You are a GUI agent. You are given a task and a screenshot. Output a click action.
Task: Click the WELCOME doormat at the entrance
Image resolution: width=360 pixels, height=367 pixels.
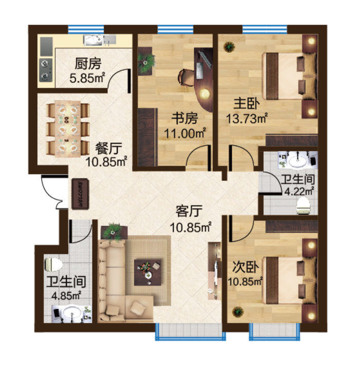pos(80,194)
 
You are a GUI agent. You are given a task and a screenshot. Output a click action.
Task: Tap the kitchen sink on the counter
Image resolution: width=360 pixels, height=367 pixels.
pos(93,40)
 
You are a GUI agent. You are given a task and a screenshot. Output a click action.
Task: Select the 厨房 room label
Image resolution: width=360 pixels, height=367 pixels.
pos(88,64)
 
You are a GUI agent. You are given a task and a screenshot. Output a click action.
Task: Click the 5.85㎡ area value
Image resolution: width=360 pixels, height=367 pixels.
pos(87,78)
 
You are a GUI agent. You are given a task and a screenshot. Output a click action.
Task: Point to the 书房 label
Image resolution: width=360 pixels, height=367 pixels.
pos(185,118)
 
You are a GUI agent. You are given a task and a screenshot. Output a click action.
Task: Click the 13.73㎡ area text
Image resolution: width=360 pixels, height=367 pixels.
pos(247,119)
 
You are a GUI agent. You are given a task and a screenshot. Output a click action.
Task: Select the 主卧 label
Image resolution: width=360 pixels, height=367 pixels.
pos(247,104)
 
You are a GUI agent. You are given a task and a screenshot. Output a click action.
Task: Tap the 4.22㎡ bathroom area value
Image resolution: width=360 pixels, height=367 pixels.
pos(299,191)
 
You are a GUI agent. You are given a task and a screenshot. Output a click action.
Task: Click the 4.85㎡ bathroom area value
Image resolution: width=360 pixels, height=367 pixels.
pos(66,296)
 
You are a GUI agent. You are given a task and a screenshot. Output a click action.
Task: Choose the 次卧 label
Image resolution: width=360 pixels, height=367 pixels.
pos(245,267)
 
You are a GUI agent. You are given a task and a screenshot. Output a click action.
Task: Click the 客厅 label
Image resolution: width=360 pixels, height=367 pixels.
pos(189,211)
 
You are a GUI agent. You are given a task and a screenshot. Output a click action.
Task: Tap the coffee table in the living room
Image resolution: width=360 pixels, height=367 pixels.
pos(148,272)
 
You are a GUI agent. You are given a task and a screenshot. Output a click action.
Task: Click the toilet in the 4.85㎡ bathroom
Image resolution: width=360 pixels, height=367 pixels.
pos(53,265)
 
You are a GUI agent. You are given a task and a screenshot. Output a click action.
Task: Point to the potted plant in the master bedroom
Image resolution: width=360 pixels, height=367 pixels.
pos(229,47)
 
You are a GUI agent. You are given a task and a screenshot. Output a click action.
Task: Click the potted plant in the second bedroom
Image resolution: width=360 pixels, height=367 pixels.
pos(238,312)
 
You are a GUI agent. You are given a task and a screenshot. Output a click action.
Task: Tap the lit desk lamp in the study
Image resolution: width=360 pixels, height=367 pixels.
pos(205,94)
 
